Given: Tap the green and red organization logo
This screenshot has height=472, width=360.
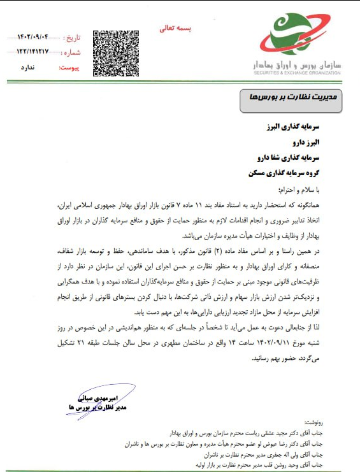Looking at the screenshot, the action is point(297,36).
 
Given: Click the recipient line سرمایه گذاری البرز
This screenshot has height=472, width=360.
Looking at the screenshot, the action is point(303,127).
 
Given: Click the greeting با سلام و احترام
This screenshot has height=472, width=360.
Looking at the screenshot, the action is point(320,189).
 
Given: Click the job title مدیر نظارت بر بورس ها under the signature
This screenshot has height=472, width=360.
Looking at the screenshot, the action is point(89,406).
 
